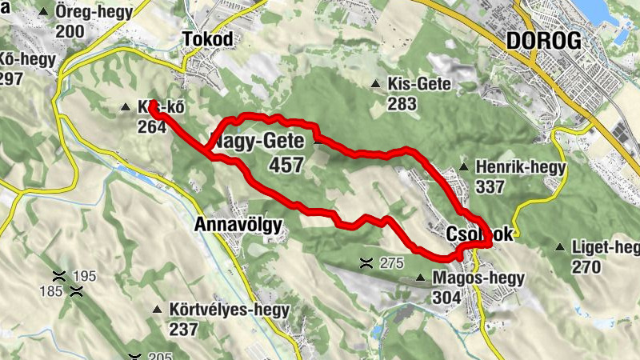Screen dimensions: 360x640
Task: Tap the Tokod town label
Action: (x=207, y=41)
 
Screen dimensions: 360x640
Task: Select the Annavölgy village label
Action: (x=238, y=226)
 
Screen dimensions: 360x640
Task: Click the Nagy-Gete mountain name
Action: (x=258, y=142)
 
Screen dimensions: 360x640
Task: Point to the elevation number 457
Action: (x=288, y=166)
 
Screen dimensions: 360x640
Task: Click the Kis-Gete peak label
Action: (x=420, y=84)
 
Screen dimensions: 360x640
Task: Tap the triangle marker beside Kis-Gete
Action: (x=376, y=84)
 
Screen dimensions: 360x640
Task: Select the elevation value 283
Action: (x=402, y=104)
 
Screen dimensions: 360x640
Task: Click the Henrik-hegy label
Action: (x=520, y=168)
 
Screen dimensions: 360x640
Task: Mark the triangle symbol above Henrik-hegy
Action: (x=464, y=167)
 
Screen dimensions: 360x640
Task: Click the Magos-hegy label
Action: (x=478, y=278)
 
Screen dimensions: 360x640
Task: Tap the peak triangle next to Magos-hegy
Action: (x=421, y=278)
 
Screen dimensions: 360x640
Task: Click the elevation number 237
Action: (x=183, y=329)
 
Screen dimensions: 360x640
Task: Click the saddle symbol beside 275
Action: (x=366, y=262)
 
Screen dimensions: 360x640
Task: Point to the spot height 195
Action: (x=84, y=277)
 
